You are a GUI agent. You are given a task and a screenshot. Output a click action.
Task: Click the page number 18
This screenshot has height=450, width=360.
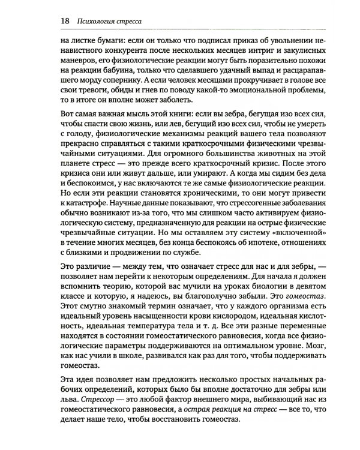click(64, 22)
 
